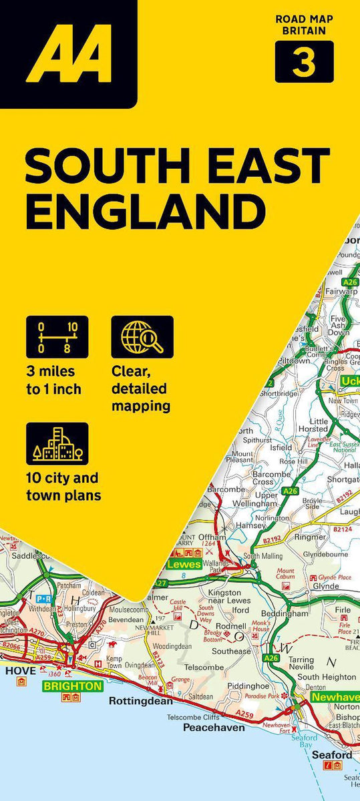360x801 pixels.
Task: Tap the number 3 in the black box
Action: (x=304, y=63)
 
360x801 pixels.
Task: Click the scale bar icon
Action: (x=57, y=336)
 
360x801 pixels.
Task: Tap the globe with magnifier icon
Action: (x=142, y=336)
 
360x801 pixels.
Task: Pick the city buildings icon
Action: (x=57, y=443)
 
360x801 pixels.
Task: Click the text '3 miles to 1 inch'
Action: (x=53, y=380)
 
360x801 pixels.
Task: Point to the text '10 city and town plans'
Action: (x=62, y=486)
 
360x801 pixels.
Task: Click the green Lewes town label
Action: (x=184, y=565)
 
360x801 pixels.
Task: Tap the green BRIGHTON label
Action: (x=73, y=686)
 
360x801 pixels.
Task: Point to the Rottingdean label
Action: (x=141, y=701)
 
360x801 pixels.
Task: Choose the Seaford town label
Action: (x=331, y=755)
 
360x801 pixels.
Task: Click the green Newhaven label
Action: (x=334, y=698)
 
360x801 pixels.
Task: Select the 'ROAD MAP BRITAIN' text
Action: (x=304, y=25)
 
